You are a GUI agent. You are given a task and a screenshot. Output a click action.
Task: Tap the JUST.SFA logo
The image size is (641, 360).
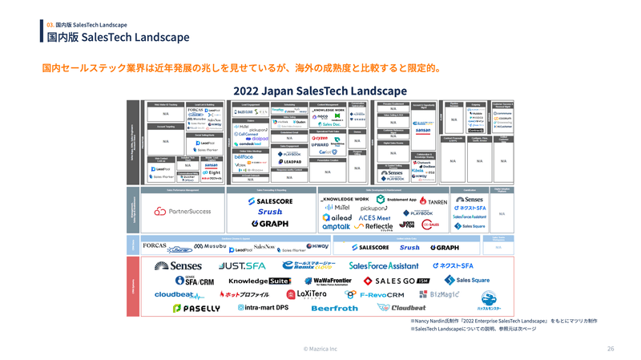point(242,265)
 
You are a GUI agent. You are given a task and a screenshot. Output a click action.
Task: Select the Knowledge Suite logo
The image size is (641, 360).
point(260,281)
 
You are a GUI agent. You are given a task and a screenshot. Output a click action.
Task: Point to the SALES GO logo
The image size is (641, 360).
point(397,281)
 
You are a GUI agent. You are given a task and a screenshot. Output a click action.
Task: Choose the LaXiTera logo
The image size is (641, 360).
point(306,295)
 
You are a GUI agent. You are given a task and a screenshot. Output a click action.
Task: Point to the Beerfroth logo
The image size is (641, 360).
point(334,308)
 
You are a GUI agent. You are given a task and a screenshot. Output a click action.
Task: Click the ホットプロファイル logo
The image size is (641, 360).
point(245,295)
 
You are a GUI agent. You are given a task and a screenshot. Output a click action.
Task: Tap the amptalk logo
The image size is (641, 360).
point(336,227)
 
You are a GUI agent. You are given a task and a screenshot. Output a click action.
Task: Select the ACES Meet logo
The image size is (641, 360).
point(374,217)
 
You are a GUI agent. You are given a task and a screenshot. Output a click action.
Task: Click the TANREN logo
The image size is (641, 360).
point(433,200)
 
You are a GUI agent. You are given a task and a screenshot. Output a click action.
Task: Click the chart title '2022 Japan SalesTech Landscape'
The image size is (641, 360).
point(320,91)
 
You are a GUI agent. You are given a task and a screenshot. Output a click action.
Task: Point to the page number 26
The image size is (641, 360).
point(611,349)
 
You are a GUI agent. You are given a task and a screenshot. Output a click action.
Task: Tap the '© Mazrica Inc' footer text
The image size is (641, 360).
point(320,349)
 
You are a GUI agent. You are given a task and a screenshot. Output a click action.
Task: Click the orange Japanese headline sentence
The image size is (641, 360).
point(241,67)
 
